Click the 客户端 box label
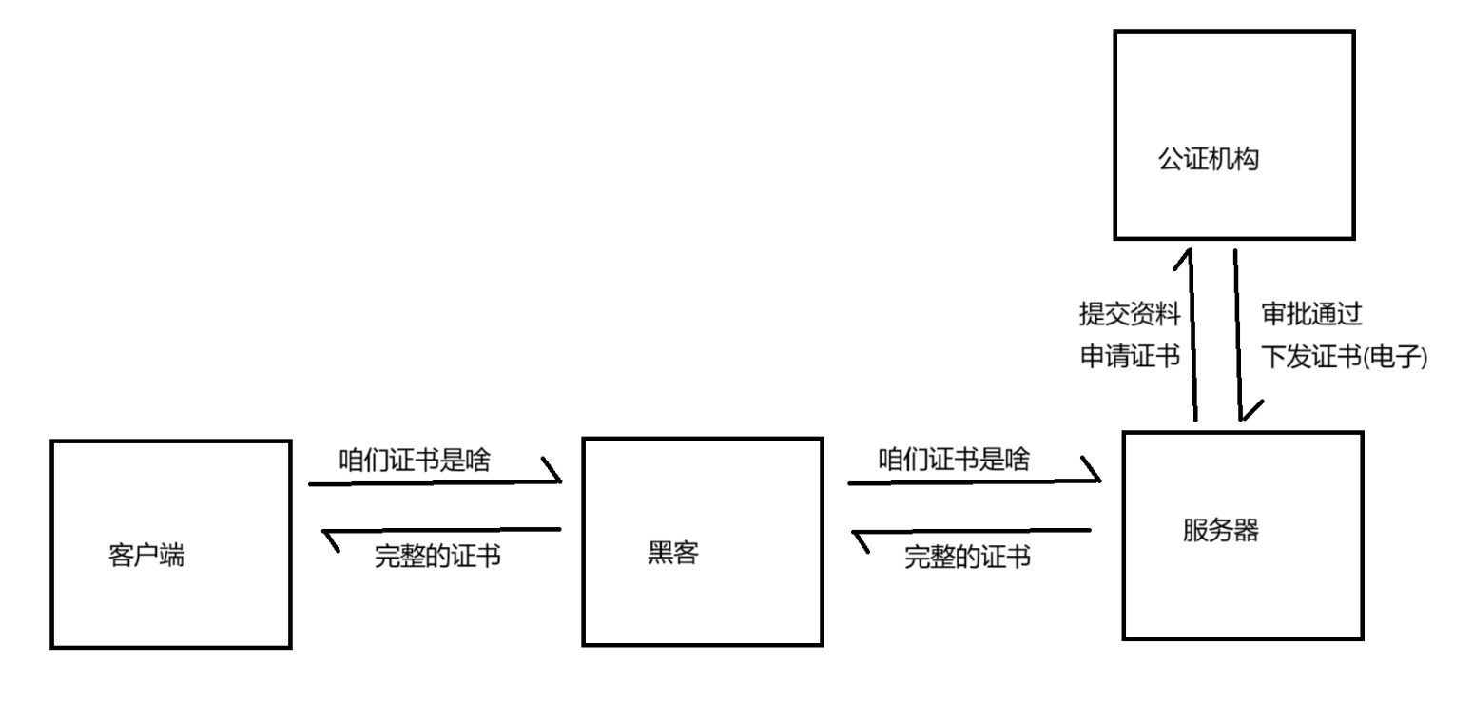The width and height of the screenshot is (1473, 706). (146, 556)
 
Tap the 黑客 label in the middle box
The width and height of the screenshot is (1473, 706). (671, 553)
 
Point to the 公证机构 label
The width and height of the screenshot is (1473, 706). (1208, 160)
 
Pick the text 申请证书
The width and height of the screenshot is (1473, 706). (1129, 357)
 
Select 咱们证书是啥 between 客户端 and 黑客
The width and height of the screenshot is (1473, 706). (415, 461)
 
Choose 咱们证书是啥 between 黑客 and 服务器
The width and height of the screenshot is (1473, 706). (953, 461)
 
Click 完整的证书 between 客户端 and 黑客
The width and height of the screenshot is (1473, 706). (437, 558)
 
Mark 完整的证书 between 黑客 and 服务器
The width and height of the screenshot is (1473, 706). (967, 558)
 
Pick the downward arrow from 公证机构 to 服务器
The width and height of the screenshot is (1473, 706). (1238, 333)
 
